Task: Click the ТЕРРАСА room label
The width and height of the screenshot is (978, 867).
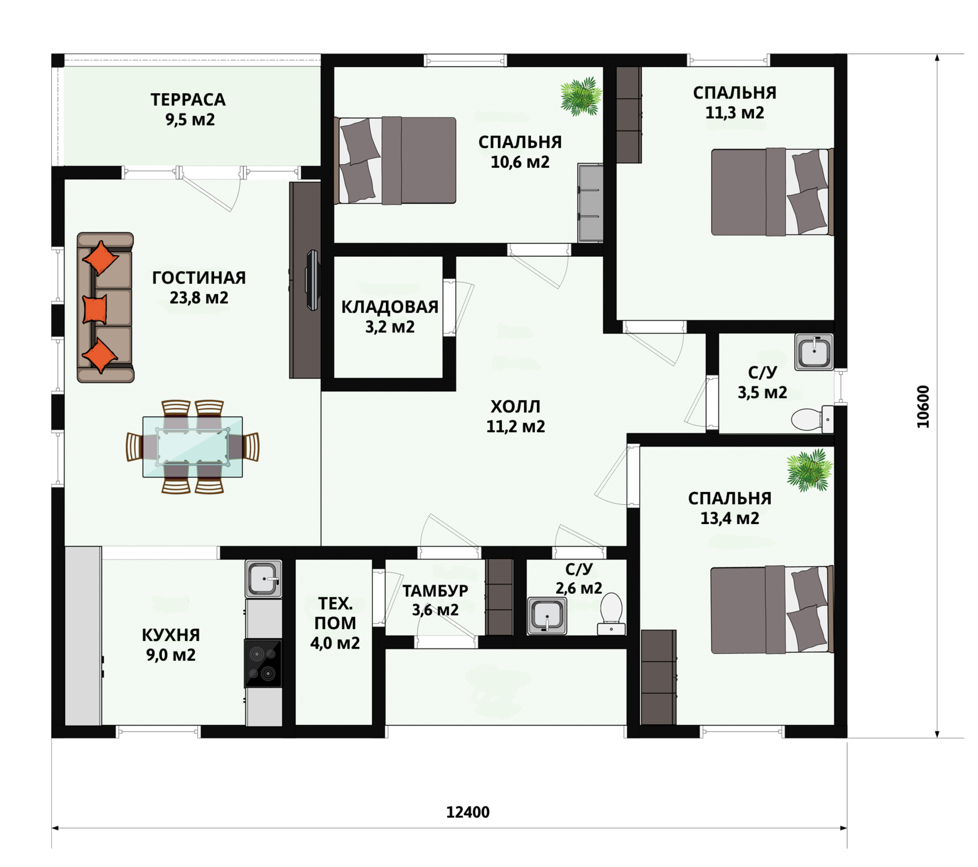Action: (x=188, y=100)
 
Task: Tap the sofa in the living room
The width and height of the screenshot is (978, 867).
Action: (x=105, y=307)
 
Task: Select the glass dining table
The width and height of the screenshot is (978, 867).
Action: (x=193, y=447)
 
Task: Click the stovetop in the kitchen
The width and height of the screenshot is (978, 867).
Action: (x=263, y=663)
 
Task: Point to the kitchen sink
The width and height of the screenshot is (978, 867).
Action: (x=264, y=579)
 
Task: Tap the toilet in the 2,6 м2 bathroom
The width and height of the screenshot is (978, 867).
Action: (x=611, y=613)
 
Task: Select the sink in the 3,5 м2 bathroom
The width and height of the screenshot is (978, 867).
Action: (x=814, y=352)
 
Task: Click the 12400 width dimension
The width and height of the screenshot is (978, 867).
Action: (x=467, y=812)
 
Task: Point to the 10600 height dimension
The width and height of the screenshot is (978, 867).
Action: (x=923, y=406)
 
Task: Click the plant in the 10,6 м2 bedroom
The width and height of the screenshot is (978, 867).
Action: (x=580, y=96)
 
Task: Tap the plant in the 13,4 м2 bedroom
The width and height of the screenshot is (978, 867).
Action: (x=809, y=469)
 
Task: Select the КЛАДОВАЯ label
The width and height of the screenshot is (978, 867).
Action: (x=389, y=307)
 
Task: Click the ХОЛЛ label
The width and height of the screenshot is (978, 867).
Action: (x=515, y=406)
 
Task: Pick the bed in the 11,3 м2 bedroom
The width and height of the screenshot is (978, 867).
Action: (x=772, y=192)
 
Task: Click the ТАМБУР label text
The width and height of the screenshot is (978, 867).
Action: (x=435, y=590)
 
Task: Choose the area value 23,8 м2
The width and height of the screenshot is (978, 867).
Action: (x=199, y=298)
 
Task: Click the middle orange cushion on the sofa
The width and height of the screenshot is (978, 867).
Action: (x=95, y=309)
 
